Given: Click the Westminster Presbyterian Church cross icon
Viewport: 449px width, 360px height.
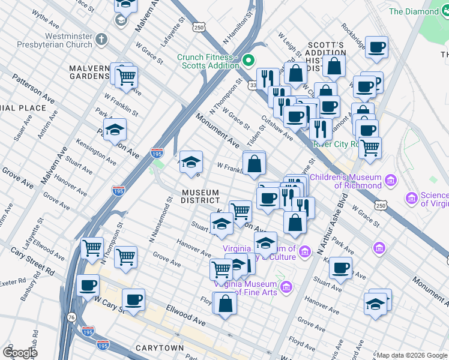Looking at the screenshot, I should coord(101,40).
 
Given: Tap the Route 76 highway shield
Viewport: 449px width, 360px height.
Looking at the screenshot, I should coord(71,317).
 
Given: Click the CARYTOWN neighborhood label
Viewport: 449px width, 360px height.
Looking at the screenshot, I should coord(159,348).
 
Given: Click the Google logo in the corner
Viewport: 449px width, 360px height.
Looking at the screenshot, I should coord(20,353).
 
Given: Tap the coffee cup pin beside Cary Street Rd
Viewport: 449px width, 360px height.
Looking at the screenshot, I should coord(88,286).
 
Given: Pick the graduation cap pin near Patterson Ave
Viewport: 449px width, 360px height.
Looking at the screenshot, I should coord(115,130).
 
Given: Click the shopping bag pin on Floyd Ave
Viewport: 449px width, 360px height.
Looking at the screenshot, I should coord(225,304).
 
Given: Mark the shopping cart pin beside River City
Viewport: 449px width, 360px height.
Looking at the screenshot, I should coord(370,146).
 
